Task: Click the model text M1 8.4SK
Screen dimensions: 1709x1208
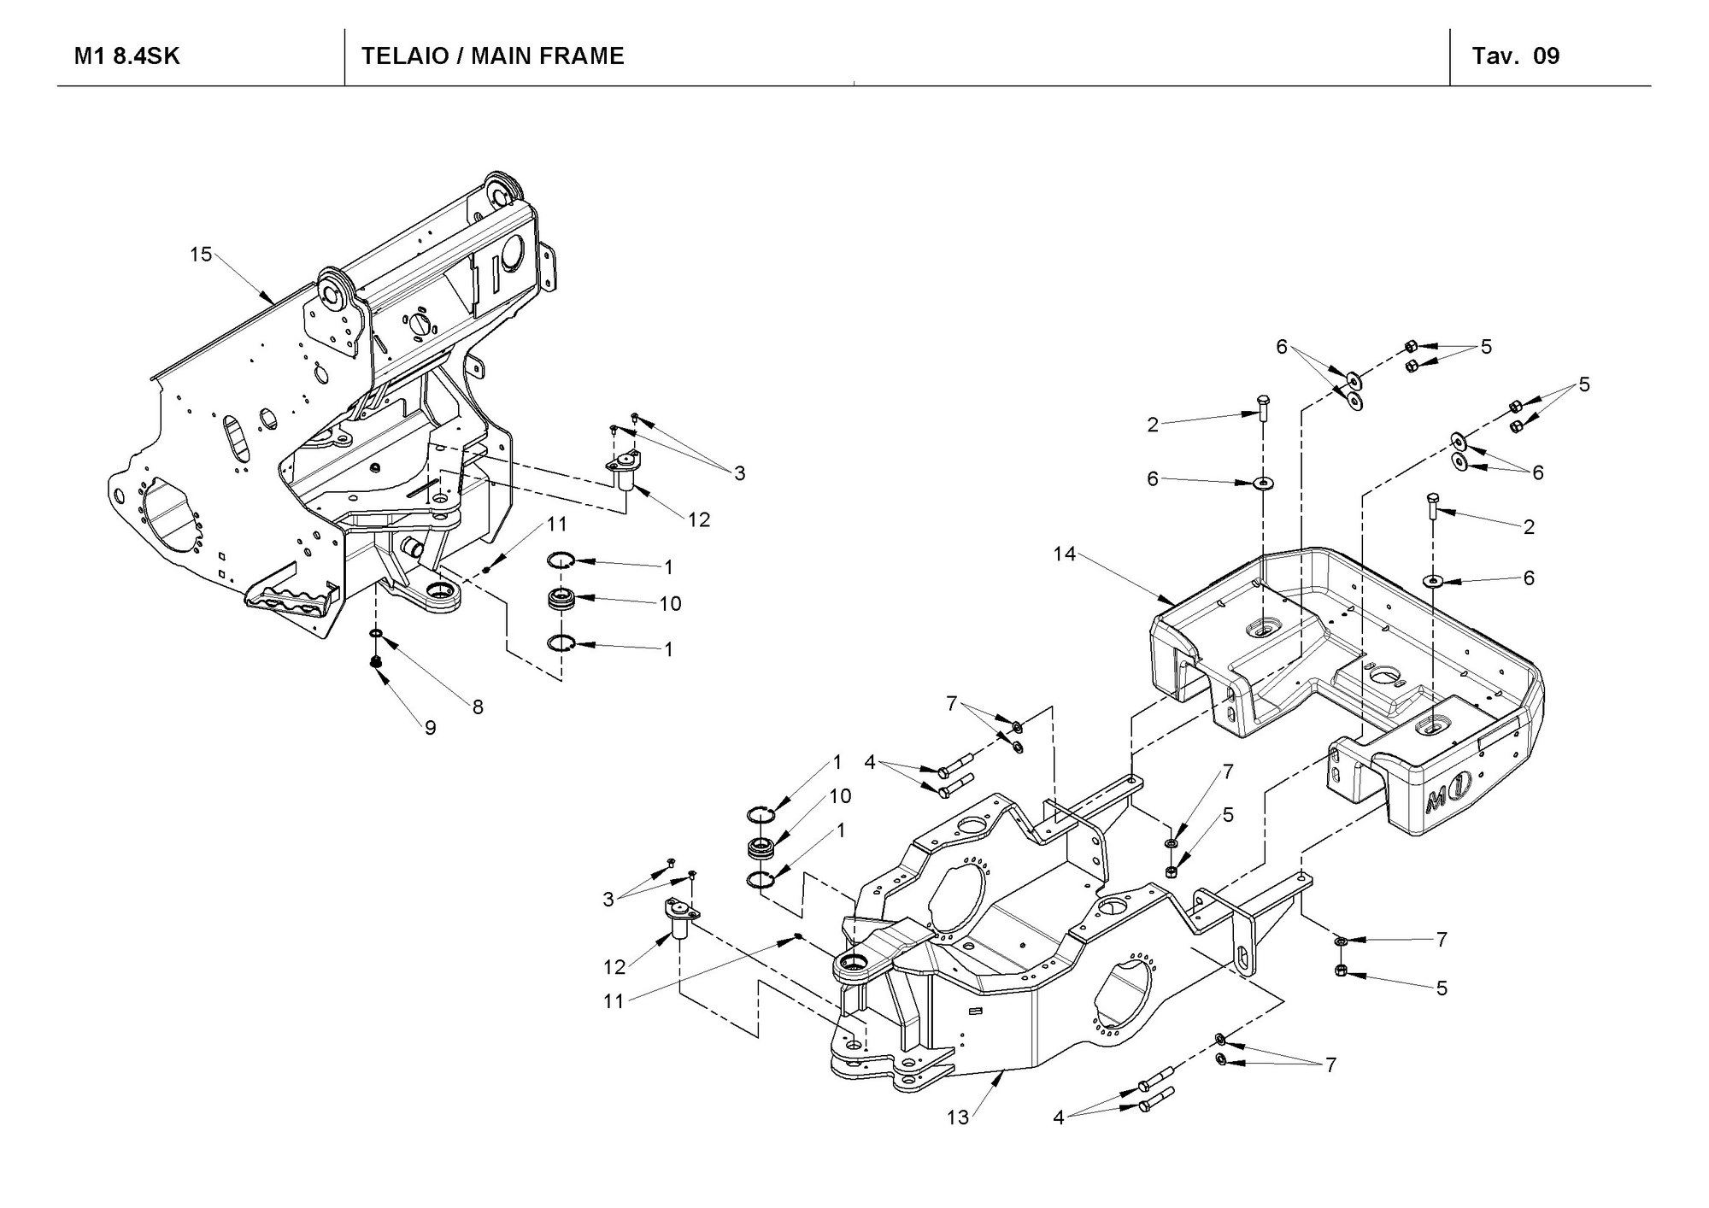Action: click(127, 56)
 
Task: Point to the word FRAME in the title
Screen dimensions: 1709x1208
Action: click(583, 56)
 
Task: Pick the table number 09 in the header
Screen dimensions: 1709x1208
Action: click(1547, 56)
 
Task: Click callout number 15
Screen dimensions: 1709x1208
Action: click(201, 255)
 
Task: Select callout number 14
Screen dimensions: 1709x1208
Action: click(1064, 554)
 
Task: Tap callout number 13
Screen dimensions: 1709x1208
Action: click(958, 1117)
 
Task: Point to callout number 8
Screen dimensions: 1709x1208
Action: click(478, 707)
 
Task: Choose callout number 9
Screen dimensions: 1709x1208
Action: click(431, 727)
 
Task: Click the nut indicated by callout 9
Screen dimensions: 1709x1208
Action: click(375, 662)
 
